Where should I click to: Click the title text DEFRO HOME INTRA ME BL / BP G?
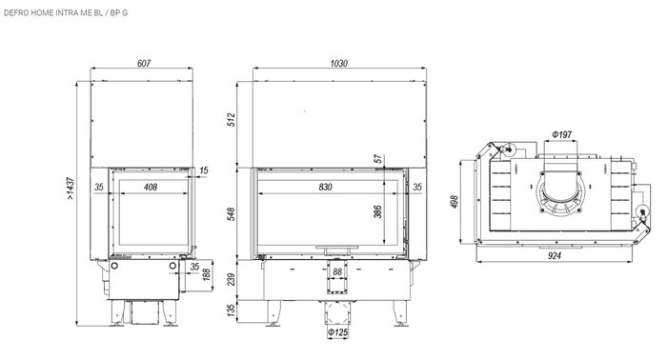click(x=66, y=12)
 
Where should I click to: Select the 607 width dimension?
click(x=144, y=63)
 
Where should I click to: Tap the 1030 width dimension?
click(x=338, y=63)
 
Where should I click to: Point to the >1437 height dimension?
click(x=71, y=189)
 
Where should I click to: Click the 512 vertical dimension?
click(x=231, y=119)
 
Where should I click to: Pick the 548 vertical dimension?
click(x=231, y=213)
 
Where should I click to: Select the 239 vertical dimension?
click(x=231, y=280)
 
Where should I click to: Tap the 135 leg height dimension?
click(x=231, y=310)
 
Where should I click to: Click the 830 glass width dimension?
click(x=325, y=187)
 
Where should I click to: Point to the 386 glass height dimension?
click(x=377, y=211)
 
